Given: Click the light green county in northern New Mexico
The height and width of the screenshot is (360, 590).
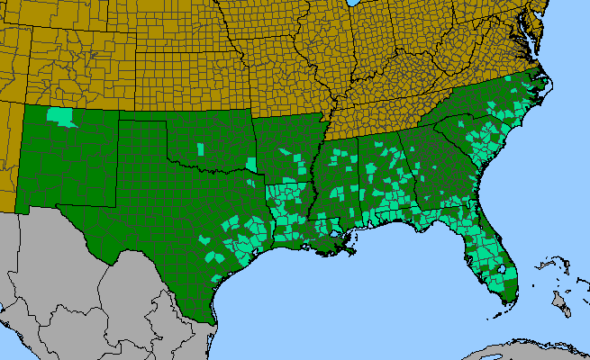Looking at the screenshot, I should (61, 116).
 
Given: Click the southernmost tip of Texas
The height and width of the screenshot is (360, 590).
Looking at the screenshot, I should (213, 321).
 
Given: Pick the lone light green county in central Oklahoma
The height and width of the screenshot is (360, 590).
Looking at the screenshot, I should (199, 147).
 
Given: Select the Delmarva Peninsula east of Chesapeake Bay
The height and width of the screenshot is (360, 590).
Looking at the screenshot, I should (538, 31).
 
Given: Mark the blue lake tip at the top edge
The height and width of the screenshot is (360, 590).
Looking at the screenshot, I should (352, 4).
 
